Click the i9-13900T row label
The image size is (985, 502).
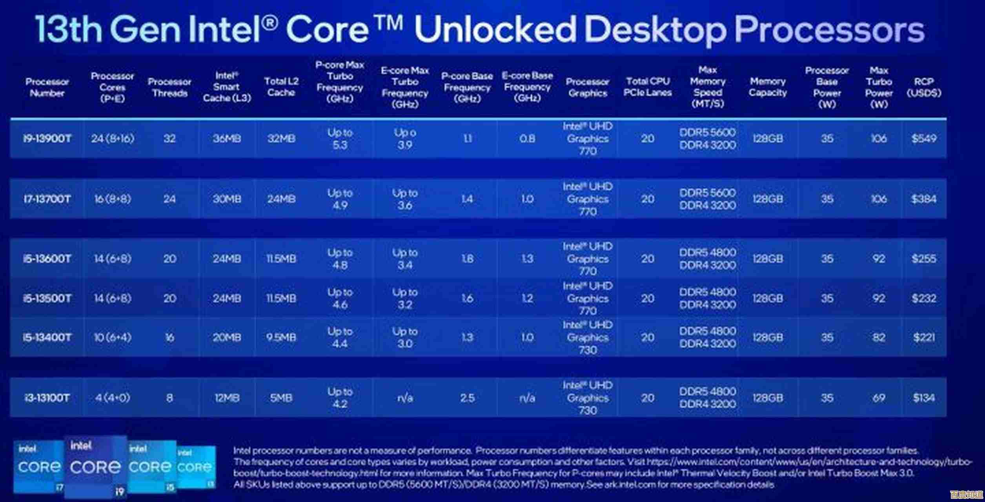[47, 139]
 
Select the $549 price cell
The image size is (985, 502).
[924, 138]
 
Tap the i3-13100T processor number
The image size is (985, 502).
[47, 398]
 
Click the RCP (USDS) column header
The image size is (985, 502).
[924, 87]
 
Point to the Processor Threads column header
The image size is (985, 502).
[169, 87]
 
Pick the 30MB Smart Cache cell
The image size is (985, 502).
[227, 199]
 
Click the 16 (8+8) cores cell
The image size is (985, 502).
[113, 199]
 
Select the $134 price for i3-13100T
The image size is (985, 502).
[924, 398]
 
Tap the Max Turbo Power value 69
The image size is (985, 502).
[879, 398]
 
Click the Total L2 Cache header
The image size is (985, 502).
[281, 87]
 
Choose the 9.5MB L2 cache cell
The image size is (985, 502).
[281, 338]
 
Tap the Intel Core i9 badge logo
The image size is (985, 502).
[95, 467]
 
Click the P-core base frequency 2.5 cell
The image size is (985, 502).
[467, 398]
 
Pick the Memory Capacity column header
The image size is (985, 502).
[768, 87]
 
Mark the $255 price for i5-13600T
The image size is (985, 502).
[924, 259]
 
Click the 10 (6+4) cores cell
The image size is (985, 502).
[113, 338]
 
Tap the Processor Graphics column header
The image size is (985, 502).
[587, 87]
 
